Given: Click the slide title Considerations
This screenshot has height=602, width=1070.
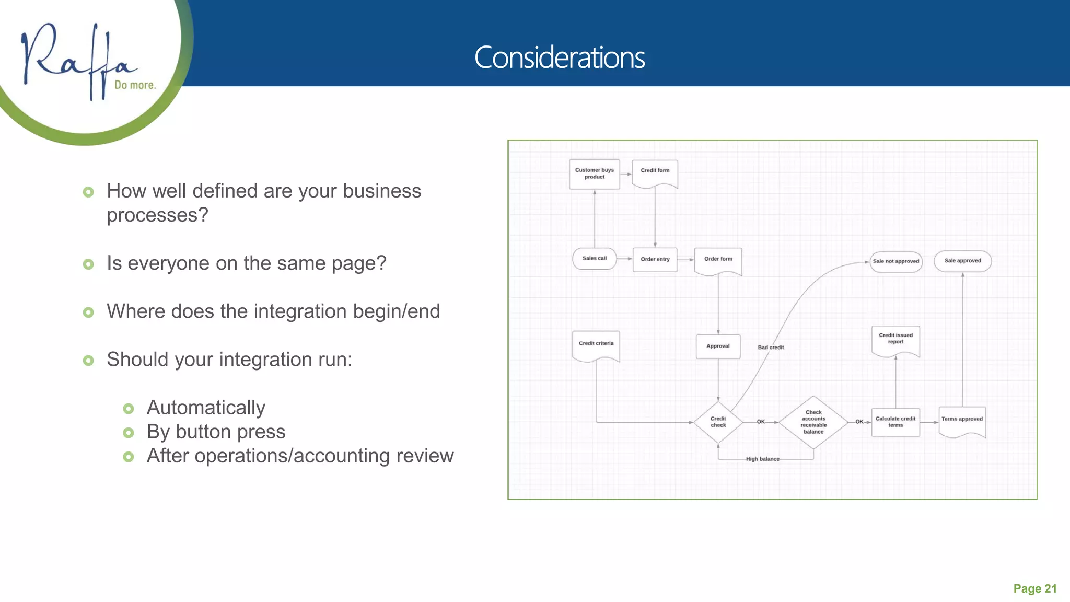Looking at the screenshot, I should pos(559,57).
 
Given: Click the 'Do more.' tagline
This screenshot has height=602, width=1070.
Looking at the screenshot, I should pos(135,85).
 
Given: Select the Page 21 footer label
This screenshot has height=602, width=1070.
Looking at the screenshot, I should pos(1034,589).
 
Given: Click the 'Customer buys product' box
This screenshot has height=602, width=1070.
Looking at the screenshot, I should pos(594,174).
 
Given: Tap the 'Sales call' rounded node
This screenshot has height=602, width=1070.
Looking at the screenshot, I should pos(595,259).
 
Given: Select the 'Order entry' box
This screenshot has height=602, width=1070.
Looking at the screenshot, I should pos(655,260).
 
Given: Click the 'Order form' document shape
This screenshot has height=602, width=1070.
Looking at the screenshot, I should pos(718,260).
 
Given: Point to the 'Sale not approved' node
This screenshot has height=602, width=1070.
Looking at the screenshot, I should pos(895,261).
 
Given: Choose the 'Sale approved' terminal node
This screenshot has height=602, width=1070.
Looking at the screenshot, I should pos(962,261).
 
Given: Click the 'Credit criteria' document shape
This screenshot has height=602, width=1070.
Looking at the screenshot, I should pos(596,345).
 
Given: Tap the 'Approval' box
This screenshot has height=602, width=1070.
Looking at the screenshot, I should pos(718,346).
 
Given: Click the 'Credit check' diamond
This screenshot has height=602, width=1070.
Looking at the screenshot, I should pos(718,422).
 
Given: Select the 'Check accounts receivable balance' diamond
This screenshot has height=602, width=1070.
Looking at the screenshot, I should pos(813,422).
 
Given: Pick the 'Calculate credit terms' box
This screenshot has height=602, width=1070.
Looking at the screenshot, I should pos(895,422).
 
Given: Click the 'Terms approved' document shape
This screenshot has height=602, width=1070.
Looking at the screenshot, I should pos(962,421).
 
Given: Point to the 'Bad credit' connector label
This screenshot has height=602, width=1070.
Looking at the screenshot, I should pos(771,348).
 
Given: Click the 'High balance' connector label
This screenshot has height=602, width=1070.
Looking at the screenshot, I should pos(762,459).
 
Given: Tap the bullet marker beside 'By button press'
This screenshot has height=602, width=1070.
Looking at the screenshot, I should pos(129,433).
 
